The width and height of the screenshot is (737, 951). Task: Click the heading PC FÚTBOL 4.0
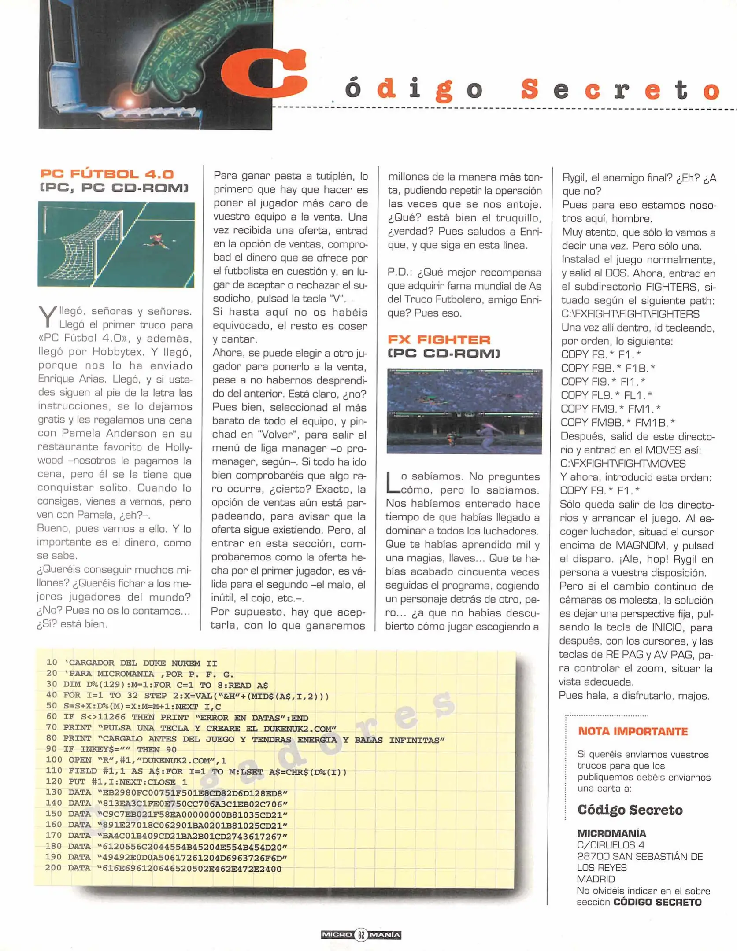[x=107, y=174]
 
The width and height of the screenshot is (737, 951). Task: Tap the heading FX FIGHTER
[x=439, y=339]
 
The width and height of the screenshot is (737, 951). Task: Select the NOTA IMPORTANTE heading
[x=633, y=731]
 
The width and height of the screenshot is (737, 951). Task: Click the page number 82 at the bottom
[x=361, y=934]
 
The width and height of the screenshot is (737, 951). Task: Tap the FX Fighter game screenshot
[x=464, y=412]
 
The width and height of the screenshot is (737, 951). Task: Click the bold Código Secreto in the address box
[x=630, y=810]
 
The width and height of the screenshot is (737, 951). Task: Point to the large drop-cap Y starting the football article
[x=47, y=316]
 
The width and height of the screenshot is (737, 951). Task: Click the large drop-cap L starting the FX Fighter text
[x=392, y=483]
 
